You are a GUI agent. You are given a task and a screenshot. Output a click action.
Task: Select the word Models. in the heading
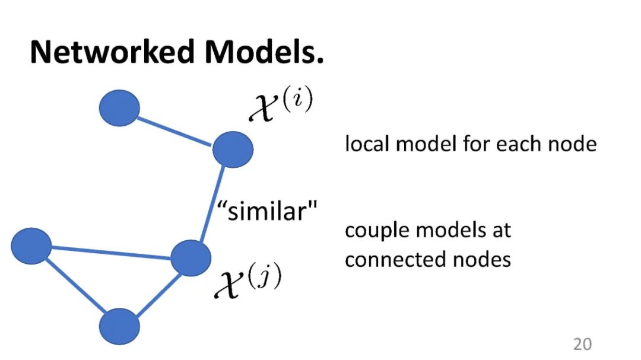coord(264,52)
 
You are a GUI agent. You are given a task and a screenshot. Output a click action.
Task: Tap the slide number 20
coord(582,344)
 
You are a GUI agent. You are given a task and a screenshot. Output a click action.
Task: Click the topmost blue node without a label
coord(119,108)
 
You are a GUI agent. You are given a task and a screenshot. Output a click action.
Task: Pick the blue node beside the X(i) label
coord(233,149)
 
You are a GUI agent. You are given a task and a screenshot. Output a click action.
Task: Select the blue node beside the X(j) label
coord(191,258)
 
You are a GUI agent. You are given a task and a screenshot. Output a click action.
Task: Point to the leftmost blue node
coord(31,246)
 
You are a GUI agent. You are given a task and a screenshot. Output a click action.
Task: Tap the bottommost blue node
coord(119,326)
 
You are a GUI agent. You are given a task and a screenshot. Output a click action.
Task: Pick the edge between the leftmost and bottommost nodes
coord(74,285)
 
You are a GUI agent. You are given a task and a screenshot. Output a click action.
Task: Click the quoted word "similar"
coord(267,211)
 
